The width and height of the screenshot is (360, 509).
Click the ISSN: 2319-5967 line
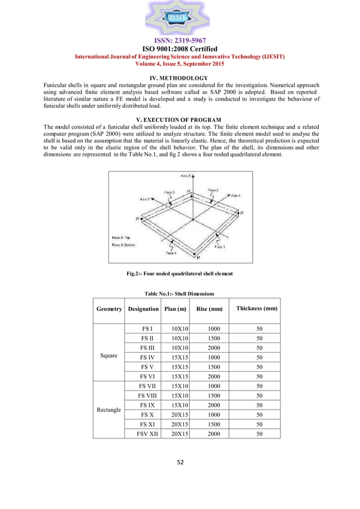tap(180, 41)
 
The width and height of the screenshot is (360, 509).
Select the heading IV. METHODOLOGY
tap(180, 78)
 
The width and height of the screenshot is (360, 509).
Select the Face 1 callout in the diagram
tap(218, 247)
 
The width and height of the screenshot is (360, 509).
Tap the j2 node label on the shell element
tap(242, 213)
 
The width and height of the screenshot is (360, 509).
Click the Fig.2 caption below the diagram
tap(180, 274)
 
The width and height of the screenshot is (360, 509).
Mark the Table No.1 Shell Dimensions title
tap(179, 293)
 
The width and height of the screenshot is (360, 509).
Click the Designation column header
tap(143, 309)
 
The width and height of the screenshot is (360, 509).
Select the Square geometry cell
tap(109, 356)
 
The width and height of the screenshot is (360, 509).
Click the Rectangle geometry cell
tap(109, 410)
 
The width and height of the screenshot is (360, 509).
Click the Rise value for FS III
tap(212, 348)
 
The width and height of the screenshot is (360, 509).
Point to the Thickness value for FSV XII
tap(260, 433)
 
